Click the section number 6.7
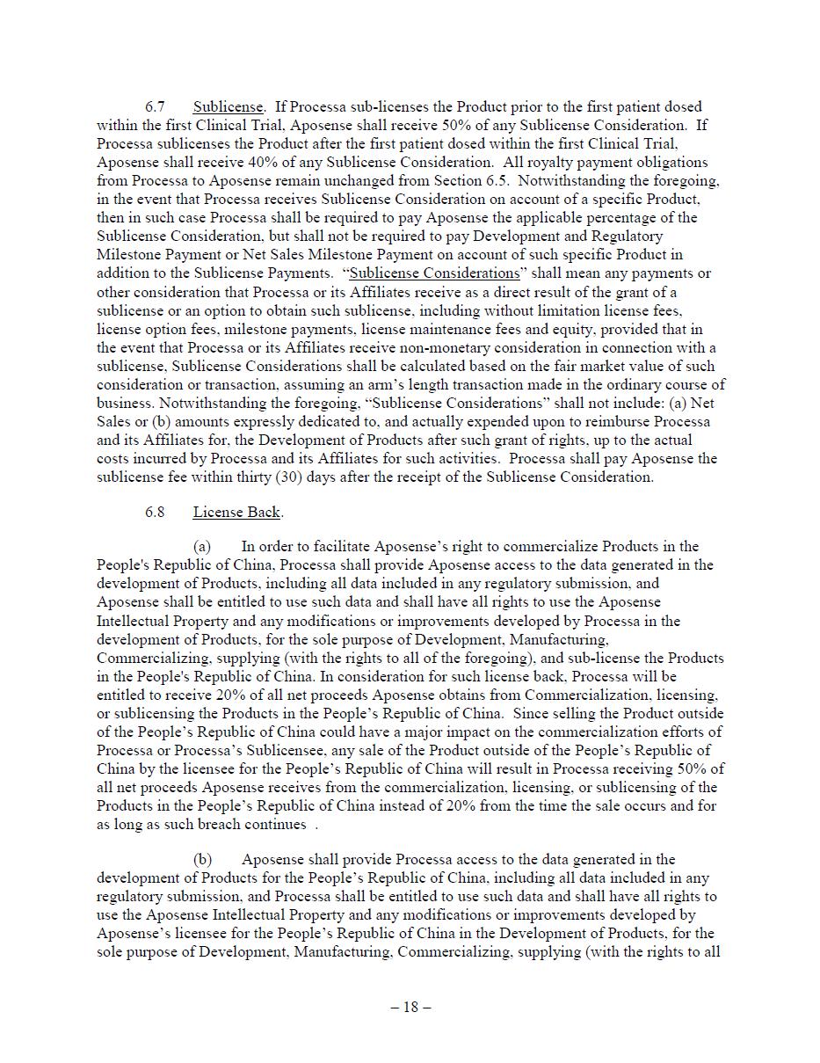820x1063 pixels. [x=155, y=106]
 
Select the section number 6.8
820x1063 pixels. [x=155, y=512]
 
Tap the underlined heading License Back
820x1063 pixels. [x=236, y=512]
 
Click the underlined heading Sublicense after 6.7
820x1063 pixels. [x=228, y=106]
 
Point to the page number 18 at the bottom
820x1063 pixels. [x=410, y=1007]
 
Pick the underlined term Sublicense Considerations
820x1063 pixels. [x=434, y=273]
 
